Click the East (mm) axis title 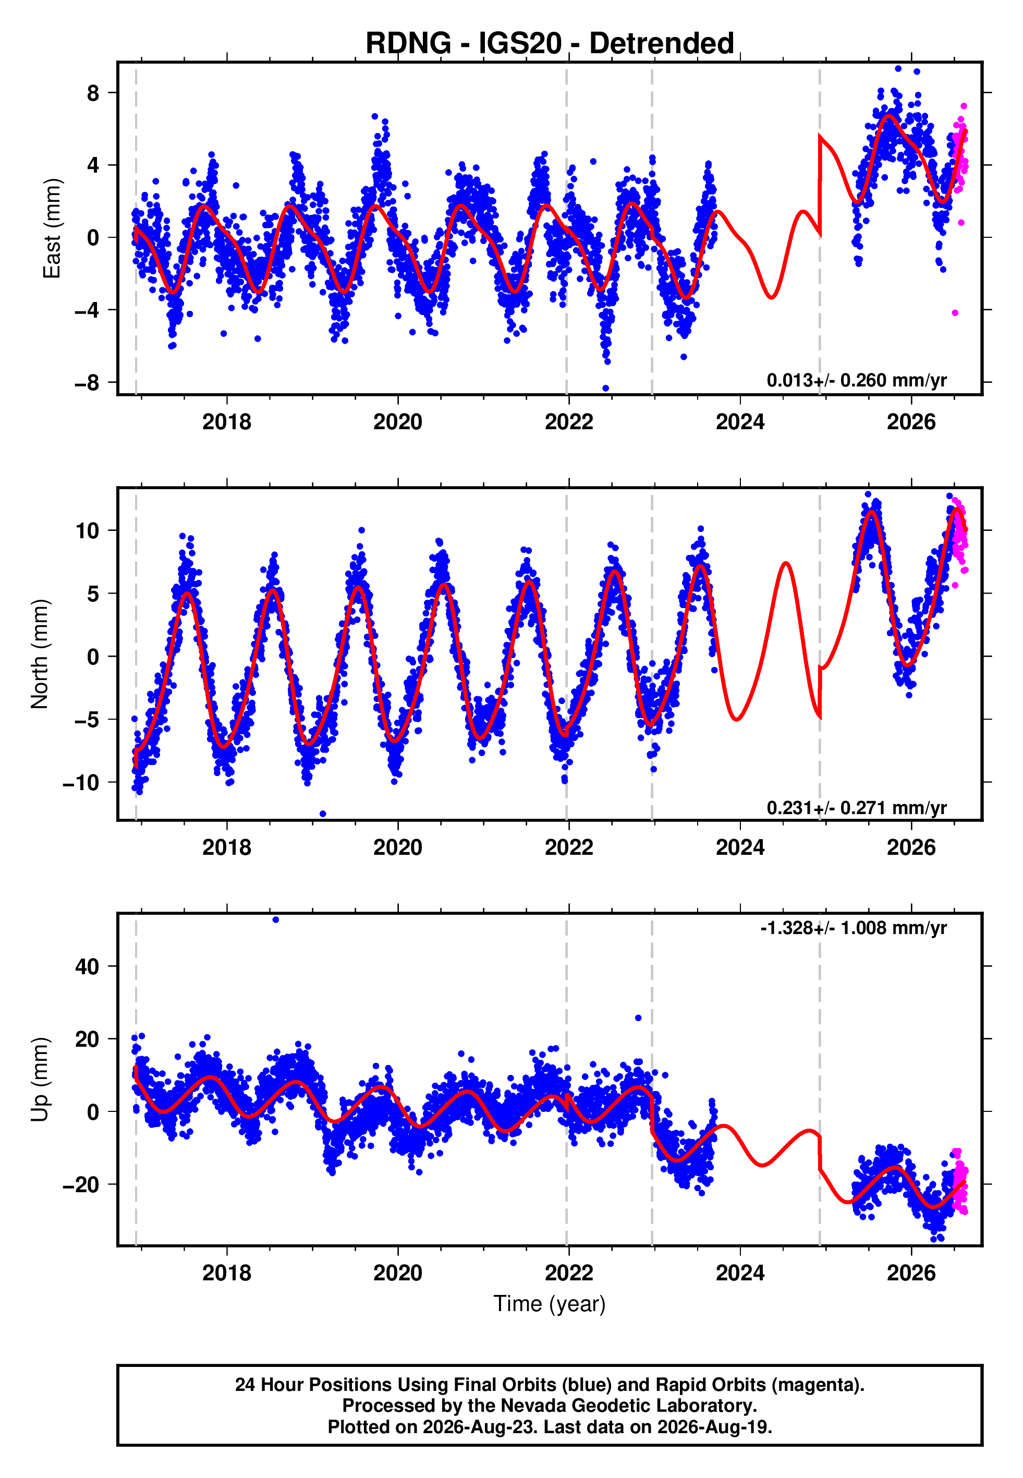pos(52,229)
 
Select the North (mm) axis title pos(40,654)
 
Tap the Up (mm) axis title pos(40,1080)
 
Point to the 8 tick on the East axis pos(93,93)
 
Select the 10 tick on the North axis pos(88,531)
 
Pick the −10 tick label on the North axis pos(81,783)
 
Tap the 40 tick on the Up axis pos(88,966)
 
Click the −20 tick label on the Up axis pos(81,1184)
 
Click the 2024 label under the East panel pos(740,422)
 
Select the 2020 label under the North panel pos(398,847)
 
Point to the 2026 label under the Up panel pos(911,1273)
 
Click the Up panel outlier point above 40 pos(276,920)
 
